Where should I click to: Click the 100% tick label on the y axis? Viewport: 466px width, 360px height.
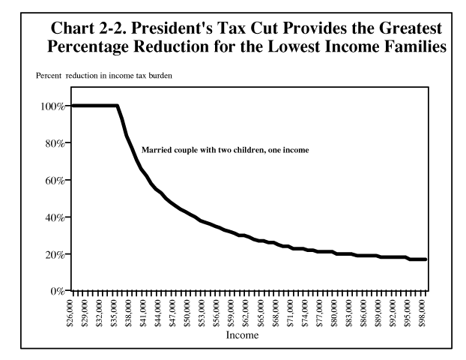coord(53,106)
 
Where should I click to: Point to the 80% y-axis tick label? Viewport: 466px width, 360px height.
coord(55,142)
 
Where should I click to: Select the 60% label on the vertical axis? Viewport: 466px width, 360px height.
coord(55,180)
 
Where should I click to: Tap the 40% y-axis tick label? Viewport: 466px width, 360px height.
coord(55,217)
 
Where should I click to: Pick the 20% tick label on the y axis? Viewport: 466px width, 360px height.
coord(55,254)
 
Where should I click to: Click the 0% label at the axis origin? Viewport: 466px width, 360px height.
coord(58,291)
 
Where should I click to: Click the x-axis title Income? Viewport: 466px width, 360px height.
coord(243,335)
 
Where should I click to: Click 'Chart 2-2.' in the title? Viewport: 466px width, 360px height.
coord(85,28)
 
